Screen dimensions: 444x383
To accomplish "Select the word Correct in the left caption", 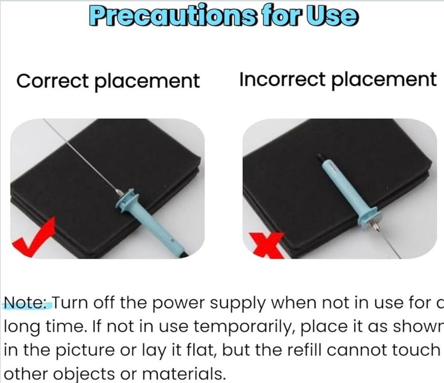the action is (x=53, y=81).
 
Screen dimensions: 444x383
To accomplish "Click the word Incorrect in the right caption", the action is (x=282, y=79).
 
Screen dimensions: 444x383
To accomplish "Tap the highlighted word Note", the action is (x=28, y=303).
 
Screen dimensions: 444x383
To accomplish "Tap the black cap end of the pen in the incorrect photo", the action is (x=321, y=158).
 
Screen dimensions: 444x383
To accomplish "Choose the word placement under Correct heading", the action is (x=147, y=81).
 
